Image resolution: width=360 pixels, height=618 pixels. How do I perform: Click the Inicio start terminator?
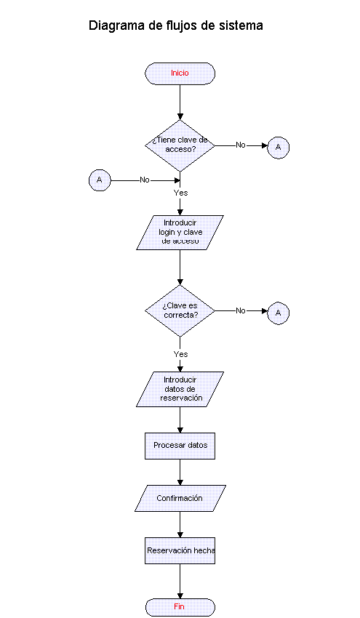tap(180, 73)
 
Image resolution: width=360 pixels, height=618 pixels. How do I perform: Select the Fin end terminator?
tap(180, 607)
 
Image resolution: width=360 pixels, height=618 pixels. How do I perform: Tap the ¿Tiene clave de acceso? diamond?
tap(180, 145)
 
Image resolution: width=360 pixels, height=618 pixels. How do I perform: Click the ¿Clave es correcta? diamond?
tap(180, 310)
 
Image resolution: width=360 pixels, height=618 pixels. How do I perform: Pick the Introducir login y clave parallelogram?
tap(180, 233)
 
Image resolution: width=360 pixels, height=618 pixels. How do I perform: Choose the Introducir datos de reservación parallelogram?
tap(180, 389)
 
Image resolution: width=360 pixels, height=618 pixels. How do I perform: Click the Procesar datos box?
tap(180, 446)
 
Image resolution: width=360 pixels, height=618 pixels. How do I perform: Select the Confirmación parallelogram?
tap(180, 498)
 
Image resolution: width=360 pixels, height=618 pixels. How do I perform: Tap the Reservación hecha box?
tap(180, 550)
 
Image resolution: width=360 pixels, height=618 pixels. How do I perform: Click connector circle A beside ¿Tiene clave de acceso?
tap(279, 148)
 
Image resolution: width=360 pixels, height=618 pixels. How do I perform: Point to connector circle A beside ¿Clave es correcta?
tap(279, 313)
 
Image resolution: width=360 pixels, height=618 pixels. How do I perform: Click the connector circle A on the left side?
tap(100, 180)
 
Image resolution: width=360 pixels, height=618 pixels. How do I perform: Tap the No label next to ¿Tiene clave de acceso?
tap(241, 145)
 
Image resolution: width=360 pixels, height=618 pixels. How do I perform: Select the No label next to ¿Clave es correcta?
tap(241, 310)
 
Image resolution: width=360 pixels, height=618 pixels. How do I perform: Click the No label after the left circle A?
tap(145, 180)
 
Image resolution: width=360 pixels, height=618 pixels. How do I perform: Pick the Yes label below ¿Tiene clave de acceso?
tap(180, 193)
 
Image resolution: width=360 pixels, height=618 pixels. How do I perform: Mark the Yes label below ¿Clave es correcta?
tap(180, 354)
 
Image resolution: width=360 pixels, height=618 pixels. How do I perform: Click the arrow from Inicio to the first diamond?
tap(180, 102)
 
